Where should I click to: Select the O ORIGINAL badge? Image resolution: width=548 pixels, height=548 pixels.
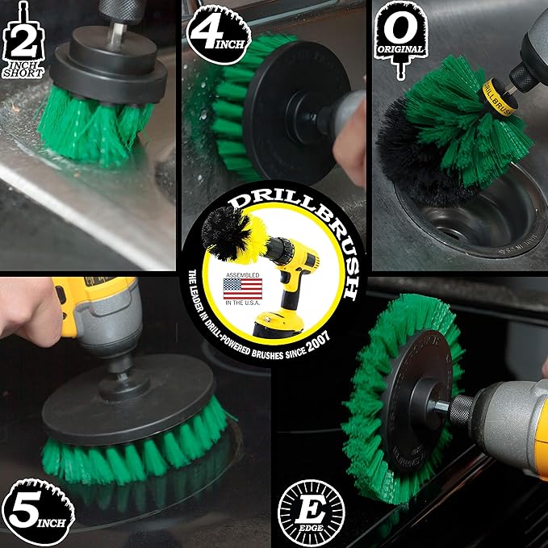(406, 33)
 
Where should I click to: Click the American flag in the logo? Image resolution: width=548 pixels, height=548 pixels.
(245, 289)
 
